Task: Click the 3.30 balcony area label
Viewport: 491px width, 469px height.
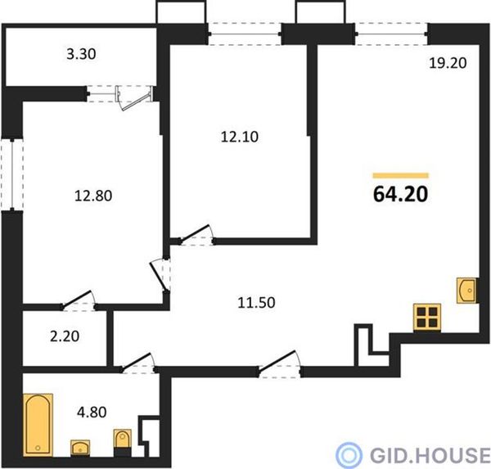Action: point(81,54)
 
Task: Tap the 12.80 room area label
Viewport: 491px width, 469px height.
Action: point(93,196)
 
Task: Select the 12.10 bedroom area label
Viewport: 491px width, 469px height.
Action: point(240,137)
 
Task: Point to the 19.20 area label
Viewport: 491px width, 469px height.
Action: point(448,63)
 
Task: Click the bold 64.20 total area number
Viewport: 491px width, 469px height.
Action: point(400,194)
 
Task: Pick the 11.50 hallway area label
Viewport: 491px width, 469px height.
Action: point(256,303)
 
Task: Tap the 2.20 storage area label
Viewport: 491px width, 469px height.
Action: point(65,336)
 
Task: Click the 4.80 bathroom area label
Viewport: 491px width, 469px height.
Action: point(92,413)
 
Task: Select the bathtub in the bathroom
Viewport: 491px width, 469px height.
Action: point(38,425)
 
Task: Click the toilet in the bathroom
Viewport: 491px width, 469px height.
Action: point(123,443)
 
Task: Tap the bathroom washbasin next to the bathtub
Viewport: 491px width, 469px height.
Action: point(80,448)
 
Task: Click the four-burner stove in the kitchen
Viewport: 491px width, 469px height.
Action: point(427,317)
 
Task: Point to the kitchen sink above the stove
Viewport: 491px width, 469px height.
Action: point(466,291)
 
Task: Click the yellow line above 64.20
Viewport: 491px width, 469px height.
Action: point(400,175)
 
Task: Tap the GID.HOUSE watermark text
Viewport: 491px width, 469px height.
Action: point(430,455)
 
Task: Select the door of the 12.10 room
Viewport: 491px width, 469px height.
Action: point(196,235)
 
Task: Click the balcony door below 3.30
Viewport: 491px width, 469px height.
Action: point(136,97)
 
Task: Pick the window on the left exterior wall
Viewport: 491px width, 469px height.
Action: point(12,175)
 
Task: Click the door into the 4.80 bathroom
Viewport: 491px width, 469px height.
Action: point(138,363)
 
